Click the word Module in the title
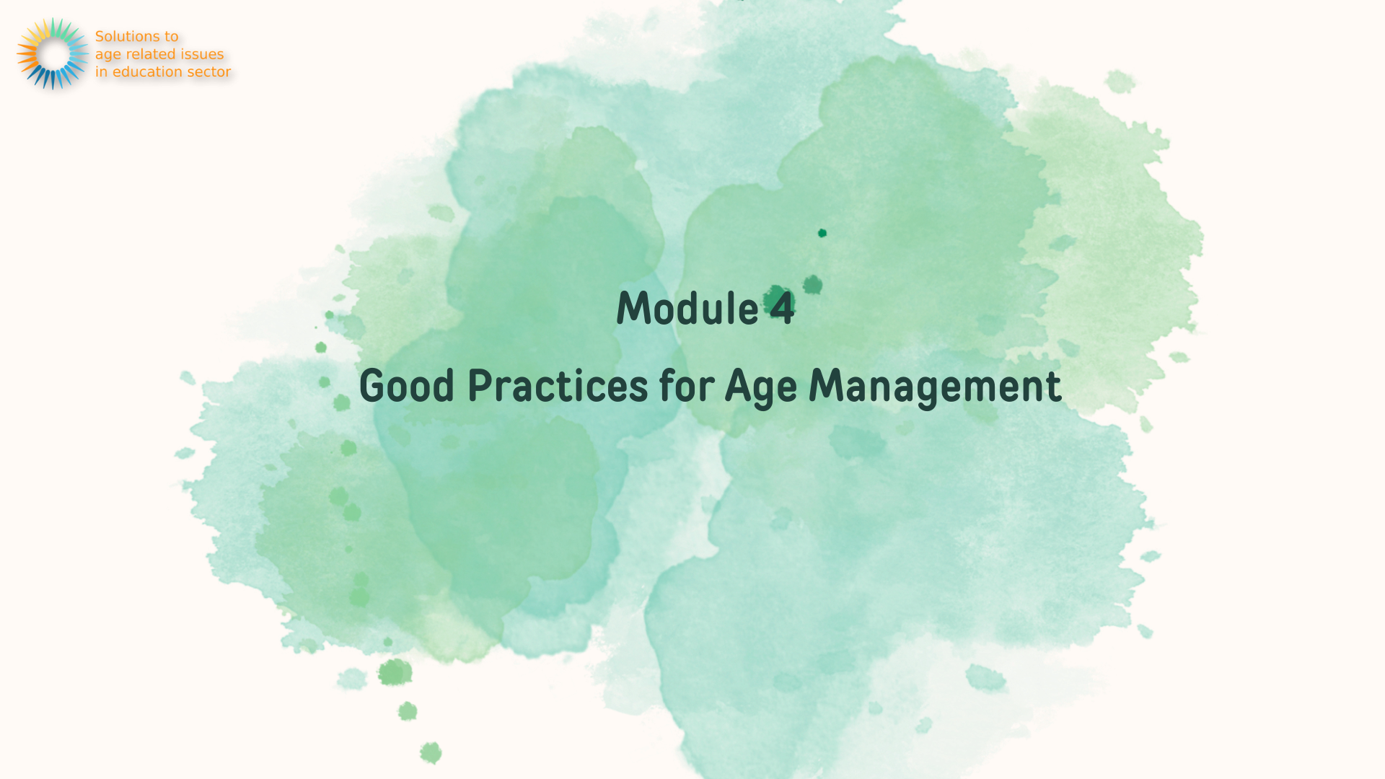[x=687, y=308]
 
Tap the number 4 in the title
[x=782, y=308]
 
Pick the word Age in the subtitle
[x=760, y=387]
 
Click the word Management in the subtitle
[x=935, y=387]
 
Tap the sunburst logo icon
[x=53, y=54]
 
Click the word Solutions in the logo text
[x=127, y=36]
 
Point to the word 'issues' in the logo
[x=202, y=54]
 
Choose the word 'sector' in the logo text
[x=208, y=72]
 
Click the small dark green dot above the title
[x=822, y=233]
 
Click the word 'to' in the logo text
[x=172, y=36]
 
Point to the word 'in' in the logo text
[x=102, y=71]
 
